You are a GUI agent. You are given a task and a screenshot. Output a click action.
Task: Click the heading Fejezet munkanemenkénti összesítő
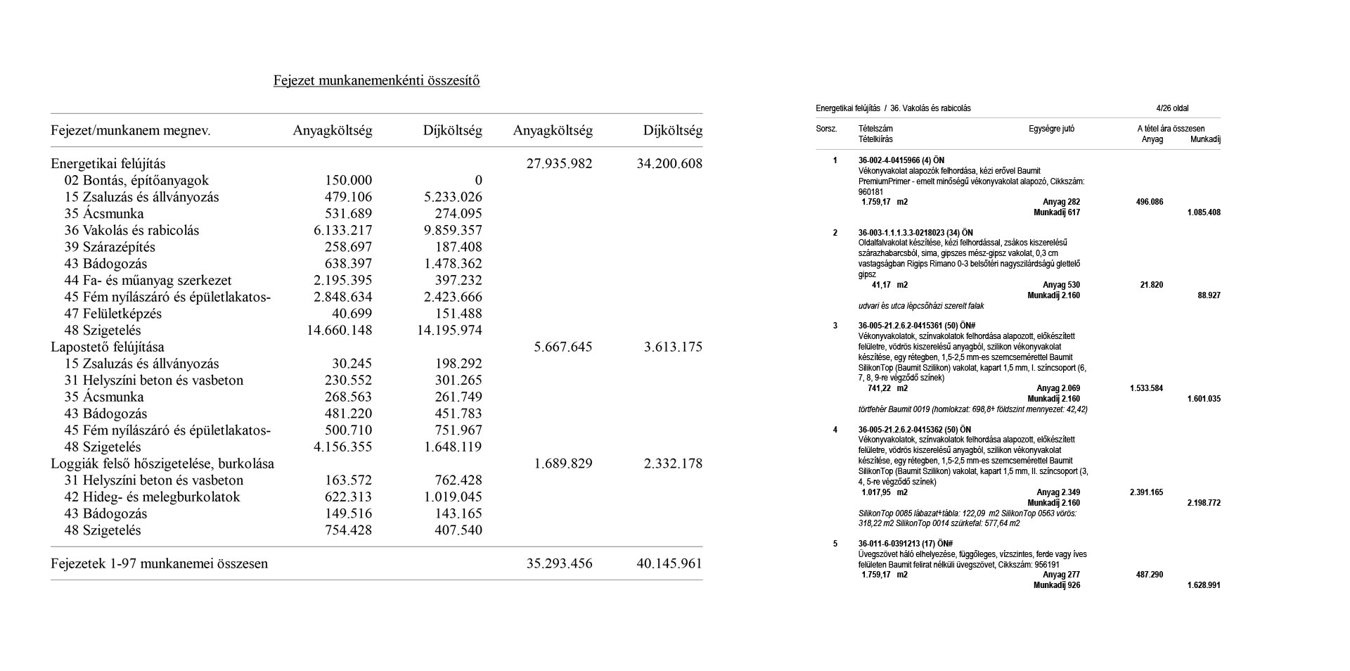coord(376,80)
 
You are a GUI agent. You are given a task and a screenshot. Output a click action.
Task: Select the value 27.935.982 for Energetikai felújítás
coord(559,164)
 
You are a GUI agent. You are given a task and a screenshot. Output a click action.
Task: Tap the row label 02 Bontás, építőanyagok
coord(136,181)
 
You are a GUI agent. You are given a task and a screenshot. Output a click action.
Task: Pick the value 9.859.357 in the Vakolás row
coord(449,231)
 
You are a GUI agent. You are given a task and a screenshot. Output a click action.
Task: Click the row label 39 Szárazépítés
coord(110,247)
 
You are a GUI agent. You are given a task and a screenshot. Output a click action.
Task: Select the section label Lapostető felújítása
coord(108,347)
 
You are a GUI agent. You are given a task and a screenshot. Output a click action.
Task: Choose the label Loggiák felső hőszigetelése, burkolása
coord(162,464)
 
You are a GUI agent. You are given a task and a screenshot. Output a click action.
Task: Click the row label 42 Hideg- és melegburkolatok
coord(152,497)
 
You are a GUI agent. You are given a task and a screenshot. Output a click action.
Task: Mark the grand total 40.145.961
coord(669,563)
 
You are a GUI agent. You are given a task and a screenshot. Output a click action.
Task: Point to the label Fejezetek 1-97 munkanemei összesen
coord(159,563)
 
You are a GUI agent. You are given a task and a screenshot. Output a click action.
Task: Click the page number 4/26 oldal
coord(1172,108)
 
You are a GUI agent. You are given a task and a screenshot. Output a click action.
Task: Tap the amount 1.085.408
coord(1204,212)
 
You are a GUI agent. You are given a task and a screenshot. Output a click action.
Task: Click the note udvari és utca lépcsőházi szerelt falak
coord(921,306)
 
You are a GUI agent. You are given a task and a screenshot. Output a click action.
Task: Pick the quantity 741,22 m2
coord(887,388)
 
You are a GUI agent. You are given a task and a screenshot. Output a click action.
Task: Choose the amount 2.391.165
coord(1146,492)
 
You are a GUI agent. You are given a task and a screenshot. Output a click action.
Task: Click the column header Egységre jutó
coord(1051,129)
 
